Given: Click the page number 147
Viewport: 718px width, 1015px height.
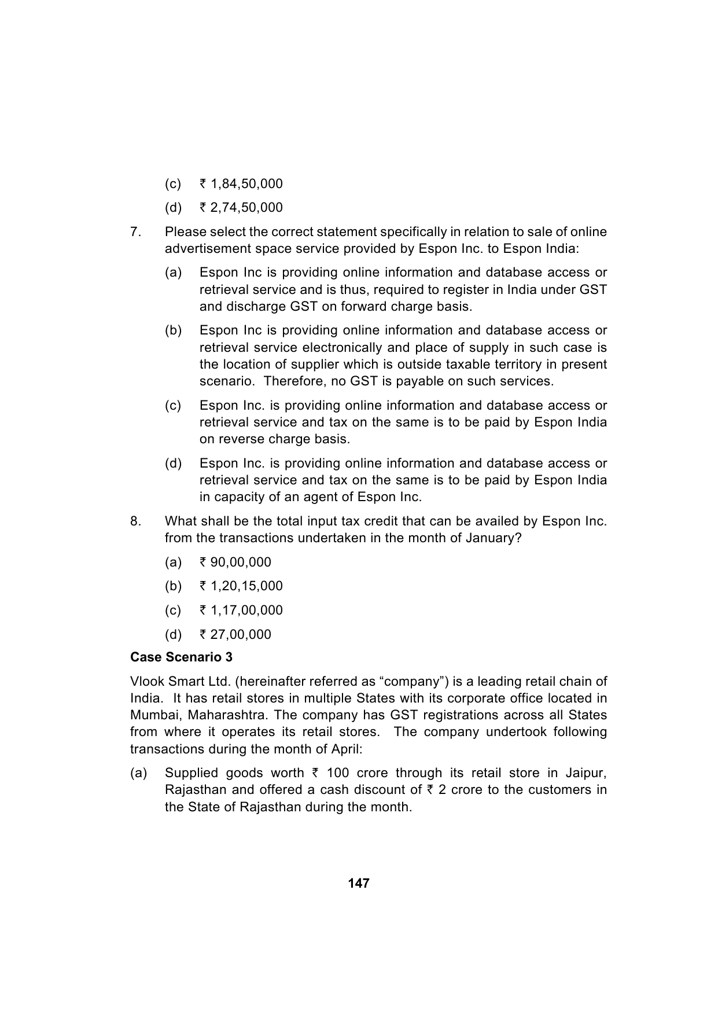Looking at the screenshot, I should (359, 883).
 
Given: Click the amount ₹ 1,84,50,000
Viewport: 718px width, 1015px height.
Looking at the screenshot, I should (241, 184).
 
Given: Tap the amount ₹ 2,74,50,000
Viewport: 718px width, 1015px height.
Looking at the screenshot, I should (241, 208).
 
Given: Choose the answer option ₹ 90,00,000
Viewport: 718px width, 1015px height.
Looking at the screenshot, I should (235, 562).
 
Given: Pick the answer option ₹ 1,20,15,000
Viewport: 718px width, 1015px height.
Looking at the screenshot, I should (241, 586).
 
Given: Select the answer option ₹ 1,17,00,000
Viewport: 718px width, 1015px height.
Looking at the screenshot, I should (241, 611).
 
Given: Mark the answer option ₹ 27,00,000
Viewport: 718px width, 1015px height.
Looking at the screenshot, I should (235, 635).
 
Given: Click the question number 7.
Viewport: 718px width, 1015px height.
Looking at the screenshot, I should (135, 232).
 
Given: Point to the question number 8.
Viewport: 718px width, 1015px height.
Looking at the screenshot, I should (135, 521).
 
